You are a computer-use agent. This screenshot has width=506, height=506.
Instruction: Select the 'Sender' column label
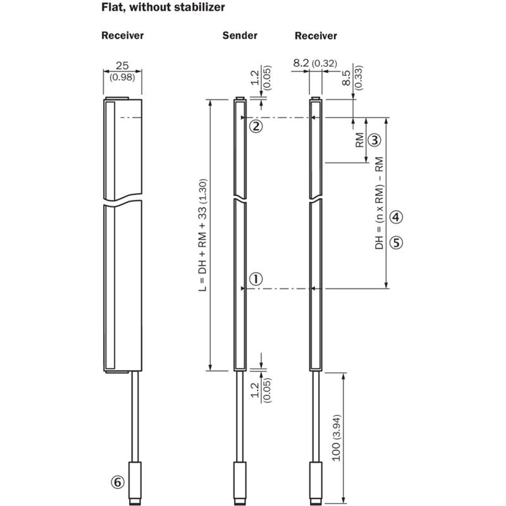[240, 35]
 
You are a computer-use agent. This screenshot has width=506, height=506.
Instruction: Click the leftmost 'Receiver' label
[123, 35]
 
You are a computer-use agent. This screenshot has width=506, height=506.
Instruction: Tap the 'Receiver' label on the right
[316, 35]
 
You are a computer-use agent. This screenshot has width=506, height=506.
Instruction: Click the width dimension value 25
[122, 65]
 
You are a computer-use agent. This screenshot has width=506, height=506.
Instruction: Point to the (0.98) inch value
[122, 77]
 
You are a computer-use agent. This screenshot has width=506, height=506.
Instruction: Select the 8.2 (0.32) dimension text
[315, 63]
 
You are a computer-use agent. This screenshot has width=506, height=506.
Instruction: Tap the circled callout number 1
[256, 278]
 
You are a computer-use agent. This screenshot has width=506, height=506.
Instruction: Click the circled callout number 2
[256, 126]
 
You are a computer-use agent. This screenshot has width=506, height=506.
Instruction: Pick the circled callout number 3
[374, 139]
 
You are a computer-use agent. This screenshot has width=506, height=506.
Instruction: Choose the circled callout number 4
[396, 217]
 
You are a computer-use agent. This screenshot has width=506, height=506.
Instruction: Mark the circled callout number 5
[396, 242]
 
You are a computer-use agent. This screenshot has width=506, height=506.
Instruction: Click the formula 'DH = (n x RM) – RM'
[379, 202]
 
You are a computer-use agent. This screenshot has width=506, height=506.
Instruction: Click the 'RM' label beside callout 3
[359, 140]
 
